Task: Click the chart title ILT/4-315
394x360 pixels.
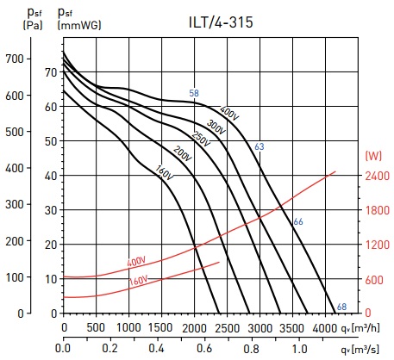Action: pos(221,22)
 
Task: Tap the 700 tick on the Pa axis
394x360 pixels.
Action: pos(15,59)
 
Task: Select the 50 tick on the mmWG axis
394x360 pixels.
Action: pos(51,141)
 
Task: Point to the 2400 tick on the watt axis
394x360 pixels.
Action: pos(378,176)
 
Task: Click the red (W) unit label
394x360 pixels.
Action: pos(373,156)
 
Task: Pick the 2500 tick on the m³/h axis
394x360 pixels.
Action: pos(227,328)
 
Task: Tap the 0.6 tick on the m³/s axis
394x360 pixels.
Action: pos(204,349)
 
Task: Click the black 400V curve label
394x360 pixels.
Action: pos(229,113)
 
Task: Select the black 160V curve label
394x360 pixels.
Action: pos(164,173)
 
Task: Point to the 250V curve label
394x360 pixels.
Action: pos(201,139)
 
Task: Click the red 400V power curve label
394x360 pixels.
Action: pos(136,262)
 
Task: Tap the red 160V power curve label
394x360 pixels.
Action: pos(139,280)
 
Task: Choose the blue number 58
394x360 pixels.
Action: pos(194,93)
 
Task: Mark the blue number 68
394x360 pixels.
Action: pos(341,307)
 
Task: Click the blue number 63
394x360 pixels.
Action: pos(260,146)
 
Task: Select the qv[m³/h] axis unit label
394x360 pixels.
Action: pos(360,327)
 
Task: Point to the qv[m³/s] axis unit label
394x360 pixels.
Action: pos(360,349)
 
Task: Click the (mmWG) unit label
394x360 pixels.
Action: pos(79,25)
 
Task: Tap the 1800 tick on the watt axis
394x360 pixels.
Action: pos(378,210)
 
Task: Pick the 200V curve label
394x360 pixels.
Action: pos(183,153)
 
